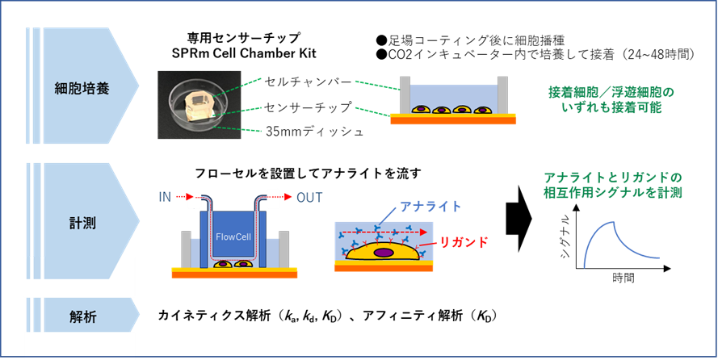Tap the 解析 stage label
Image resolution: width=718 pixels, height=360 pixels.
[83, 317]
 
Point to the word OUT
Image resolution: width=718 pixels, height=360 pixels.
[310, 197]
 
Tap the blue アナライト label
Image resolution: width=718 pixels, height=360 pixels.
[430, 207]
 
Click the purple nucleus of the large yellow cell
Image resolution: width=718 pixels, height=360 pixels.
[384, 253]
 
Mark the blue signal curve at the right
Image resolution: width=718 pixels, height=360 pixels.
[620, 242]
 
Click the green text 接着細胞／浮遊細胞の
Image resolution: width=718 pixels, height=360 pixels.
[610, 92]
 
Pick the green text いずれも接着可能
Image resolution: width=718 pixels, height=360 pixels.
[611, 107]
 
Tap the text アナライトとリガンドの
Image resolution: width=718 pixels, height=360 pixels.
[612, 177]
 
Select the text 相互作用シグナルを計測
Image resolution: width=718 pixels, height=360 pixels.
[612, 193]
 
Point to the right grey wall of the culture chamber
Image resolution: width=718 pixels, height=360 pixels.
[502, 94]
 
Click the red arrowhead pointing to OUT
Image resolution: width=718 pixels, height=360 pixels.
[288, 197]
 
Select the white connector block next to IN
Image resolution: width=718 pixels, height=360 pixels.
[192, 196]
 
